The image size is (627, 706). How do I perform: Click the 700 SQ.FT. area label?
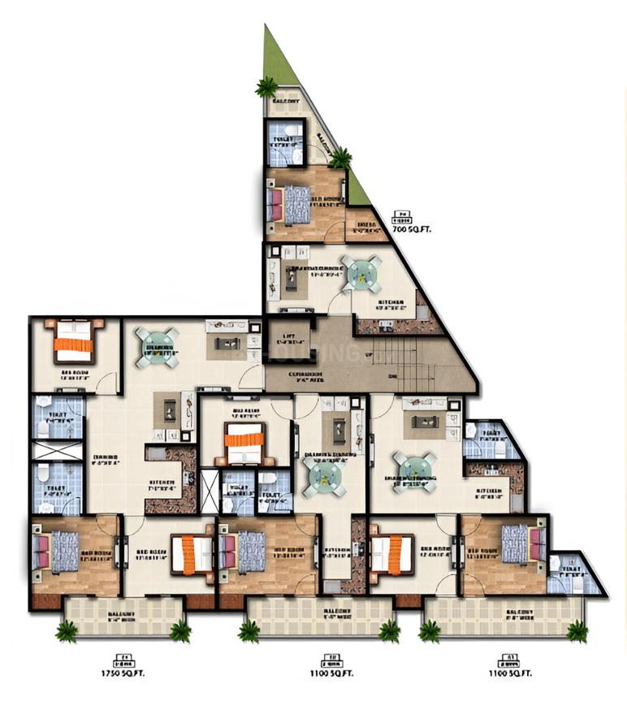tap(411, 229)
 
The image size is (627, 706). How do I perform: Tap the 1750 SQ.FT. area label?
tap(123, 674)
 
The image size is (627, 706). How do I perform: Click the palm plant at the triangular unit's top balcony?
tap(266, 86)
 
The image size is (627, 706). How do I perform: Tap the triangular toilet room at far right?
tap(572, 575)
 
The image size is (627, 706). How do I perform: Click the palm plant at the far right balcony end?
tap(577, 630)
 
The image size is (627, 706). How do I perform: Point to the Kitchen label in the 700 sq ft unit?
tap(391, 305)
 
